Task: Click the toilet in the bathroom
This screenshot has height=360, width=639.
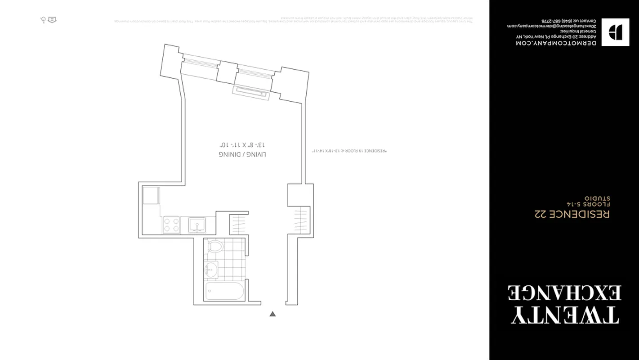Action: [216, 247]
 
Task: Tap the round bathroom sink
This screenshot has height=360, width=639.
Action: [210, 270]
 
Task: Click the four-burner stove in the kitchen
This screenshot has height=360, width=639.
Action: [171, 224]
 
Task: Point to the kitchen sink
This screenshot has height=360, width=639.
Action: [197, 224]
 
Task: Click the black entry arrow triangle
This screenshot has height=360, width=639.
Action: [272, 314]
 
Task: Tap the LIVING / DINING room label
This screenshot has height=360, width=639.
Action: [242, 154]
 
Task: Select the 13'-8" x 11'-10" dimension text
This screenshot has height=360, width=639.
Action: [242, 145]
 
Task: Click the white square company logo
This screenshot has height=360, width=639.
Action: [615, 32]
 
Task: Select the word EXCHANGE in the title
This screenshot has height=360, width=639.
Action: [565, 292]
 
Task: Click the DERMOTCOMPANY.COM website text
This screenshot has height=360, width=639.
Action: [556, 43]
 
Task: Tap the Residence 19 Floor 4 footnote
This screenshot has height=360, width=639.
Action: [349, 151]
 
